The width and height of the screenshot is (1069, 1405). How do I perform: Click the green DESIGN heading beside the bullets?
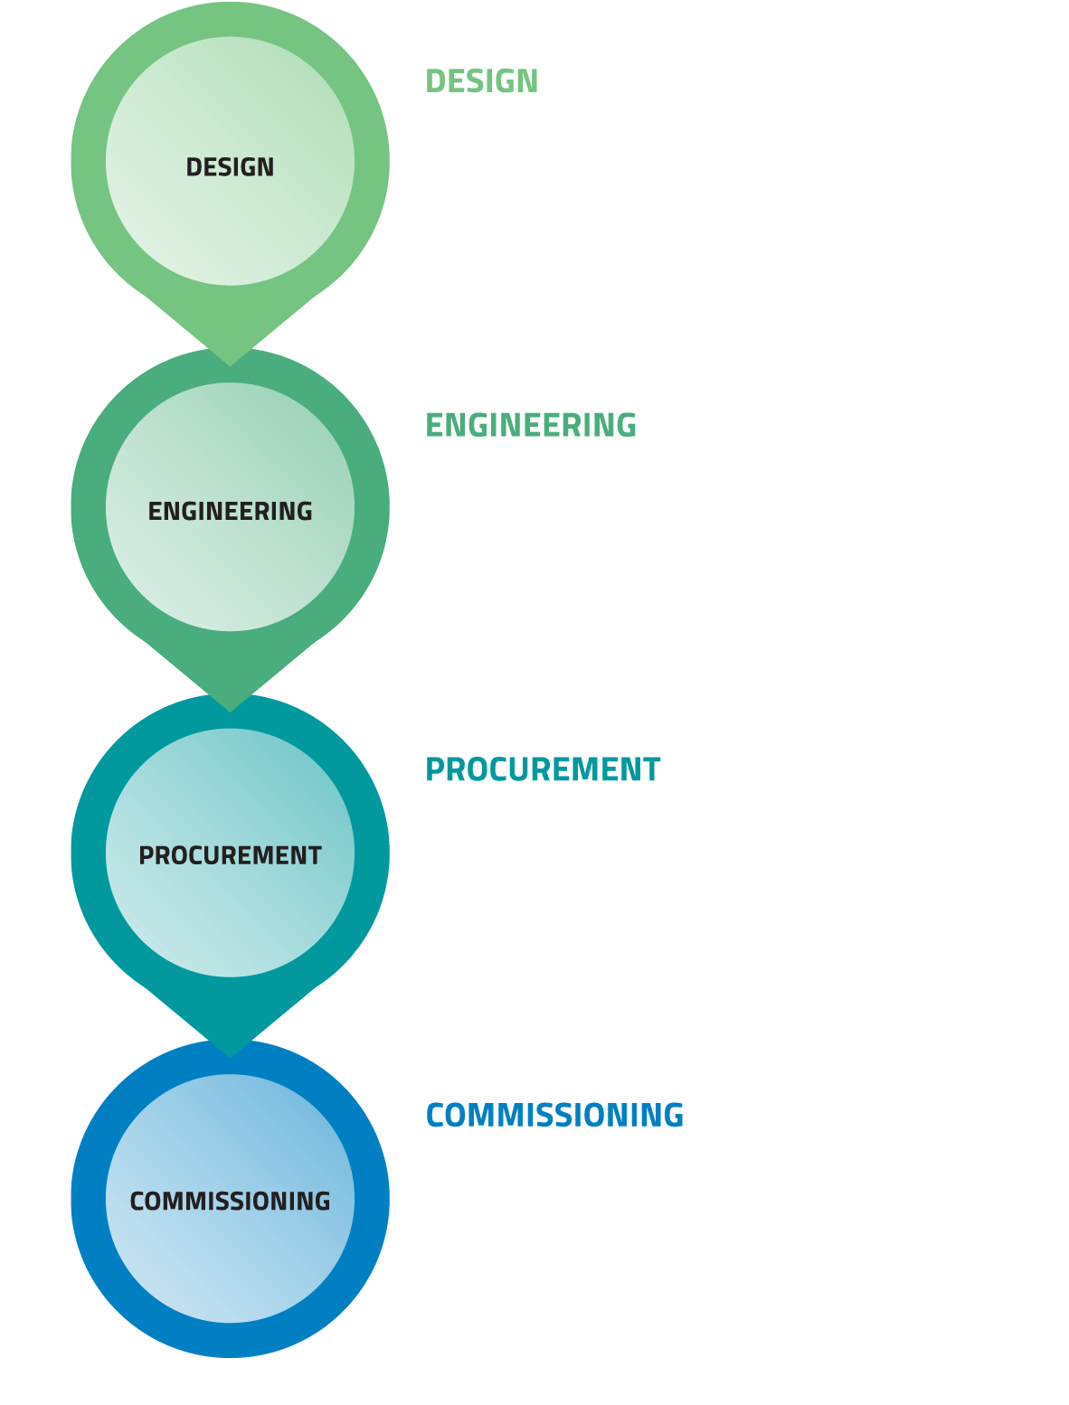pos(481,81)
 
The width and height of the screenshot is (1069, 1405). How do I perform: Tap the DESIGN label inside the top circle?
pos(230,167)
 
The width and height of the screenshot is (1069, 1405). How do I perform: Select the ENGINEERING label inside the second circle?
pos(230,512)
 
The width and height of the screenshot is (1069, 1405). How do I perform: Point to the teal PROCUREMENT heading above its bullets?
pos(543,769)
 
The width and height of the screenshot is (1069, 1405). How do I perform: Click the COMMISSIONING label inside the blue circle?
pos(230,1202)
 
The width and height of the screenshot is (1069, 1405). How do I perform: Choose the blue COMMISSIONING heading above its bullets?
pos(554,1116)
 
